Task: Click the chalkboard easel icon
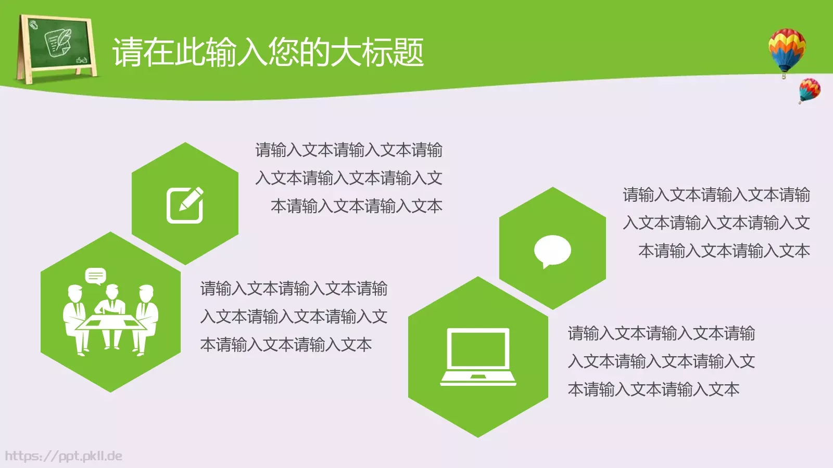(x=57, y=48)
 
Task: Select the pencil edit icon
(x=185, y=205)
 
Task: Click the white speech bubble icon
(x=552, y=251)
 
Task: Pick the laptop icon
(x=478, y=357)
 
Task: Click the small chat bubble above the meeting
(x=95, y=276)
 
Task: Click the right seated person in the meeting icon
(x=147, y=317)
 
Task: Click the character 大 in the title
(x=345, y=53)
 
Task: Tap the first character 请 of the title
(x=128, y=53)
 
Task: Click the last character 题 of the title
(x=408, y=53)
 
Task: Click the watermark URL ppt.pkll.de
(x=64, y=456)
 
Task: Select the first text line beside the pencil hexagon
(x=349, y=150)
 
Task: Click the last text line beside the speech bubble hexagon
(x=724, y=251)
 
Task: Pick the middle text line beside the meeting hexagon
(x=294, y=317)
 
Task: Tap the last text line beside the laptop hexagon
(x=653, y=389)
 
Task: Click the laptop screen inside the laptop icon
(x=478, y=349)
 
